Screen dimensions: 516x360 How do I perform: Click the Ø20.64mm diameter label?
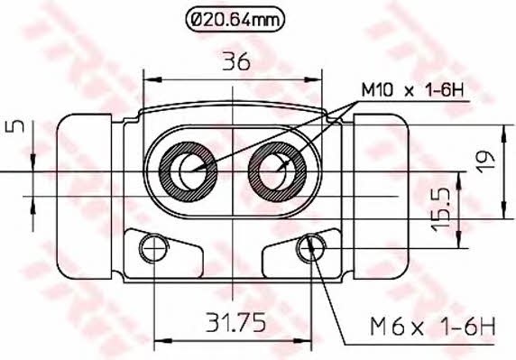click(235, 21)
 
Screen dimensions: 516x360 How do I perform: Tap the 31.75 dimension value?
click(235, 322)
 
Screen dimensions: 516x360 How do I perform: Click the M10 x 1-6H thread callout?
click(412, 89)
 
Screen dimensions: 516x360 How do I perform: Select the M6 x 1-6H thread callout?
click(433, 326)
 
